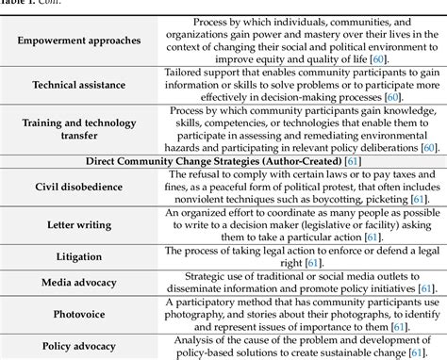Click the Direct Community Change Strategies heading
223,163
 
